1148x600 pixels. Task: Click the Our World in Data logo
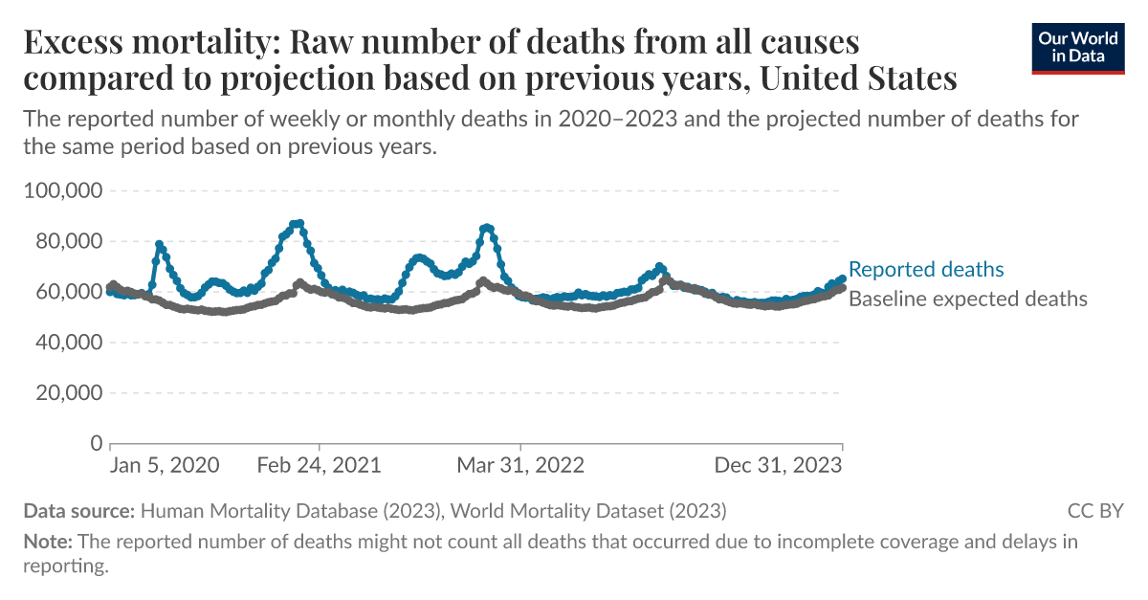pyautogui.click(x=1078, y=48)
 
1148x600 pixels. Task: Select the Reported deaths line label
pyautogui.click(x=926, y=269)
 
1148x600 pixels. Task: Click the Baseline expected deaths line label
pyautogui.click(x=968, y=299)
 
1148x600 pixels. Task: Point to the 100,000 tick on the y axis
pyautogui.click(x=62, y=190)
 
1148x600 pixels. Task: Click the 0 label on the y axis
pyautogui.click(x=96, y=443)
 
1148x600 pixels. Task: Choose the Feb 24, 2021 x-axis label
pyautogui.click(x=320, y=466)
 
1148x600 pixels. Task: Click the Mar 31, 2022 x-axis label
pyautogui.click(x=520, y=466)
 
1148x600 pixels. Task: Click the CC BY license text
pyautogui.click(x=1095, y=510)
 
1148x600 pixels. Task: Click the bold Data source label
pyautogui.click(x=80, y=510)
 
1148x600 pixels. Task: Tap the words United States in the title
pyautogui.click(x=857, y=78)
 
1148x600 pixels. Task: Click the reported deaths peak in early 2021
pyautogui.click(x=298, y=223)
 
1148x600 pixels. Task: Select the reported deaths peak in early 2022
pyautogui.click(x=487, y=228)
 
